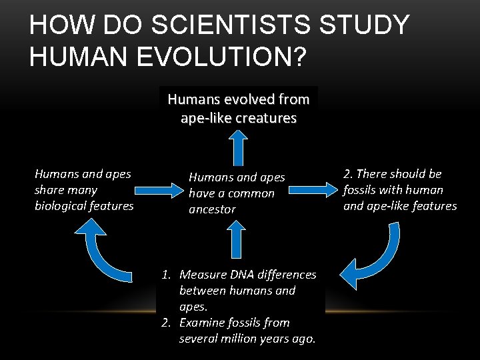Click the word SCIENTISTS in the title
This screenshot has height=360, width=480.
click(245, 25)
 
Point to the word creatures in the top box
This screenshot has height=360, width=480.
click(267, 118)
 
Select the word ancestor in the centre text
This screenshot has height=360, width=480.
click(211, 209)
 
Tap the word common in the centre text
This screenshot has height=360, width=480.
click(250, 193)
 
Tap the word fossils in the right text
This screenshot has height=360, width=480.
click(361, 190)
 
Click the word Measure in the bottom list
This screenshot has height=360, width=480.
click(201, 275)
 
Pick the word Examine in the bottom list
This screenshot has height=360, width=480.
click(202, 323)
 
